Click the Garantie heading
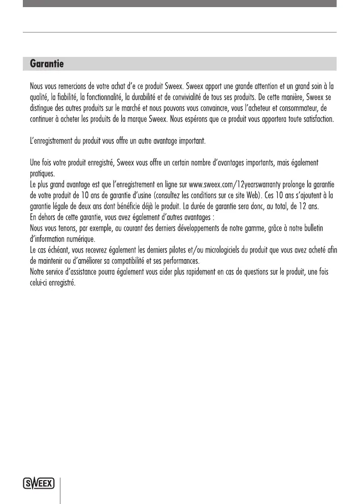47,65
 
